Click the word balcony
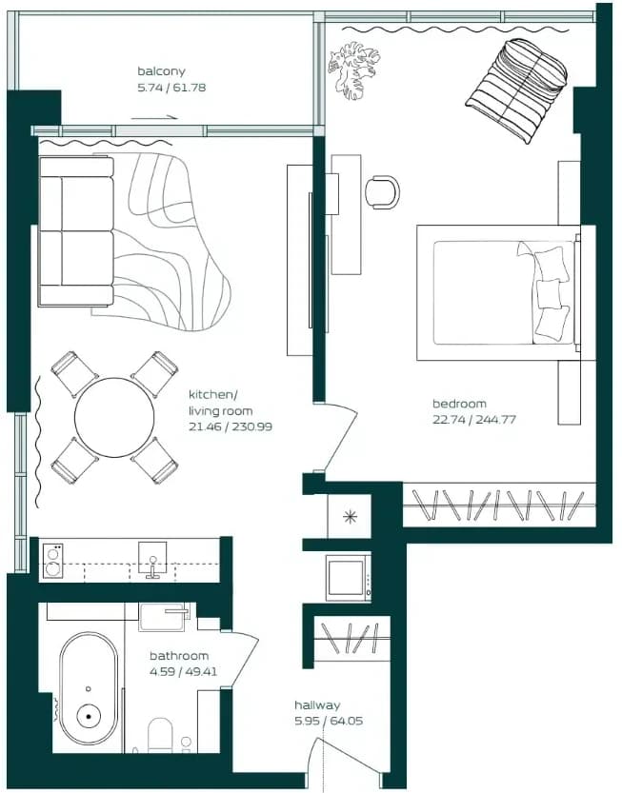click(161, 71)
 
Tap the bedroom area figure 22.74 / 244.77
click(474, 419)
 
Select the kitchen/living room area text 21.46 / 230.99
click(231, 426)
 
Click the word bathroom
click(179, 655)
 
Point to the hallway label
click(317, 704)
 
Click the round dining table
click(114, 417)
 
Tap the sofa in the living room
click(76, 231)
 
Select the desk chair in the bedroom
click(382, 192)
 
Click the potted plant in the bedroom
click(353, 69)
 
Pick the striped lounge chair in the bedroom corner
click(516, 91)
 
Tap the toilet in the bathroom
click(160, 735)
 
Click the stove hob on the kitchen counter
click(52, 561)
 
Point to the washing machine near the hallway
click(348, 578)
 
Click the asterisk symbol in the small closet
click(350, 516)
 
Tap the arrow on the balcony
click(154, 118)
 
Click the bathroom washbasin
click(162, 617)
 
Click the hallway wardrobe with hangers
click(351, 638)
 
